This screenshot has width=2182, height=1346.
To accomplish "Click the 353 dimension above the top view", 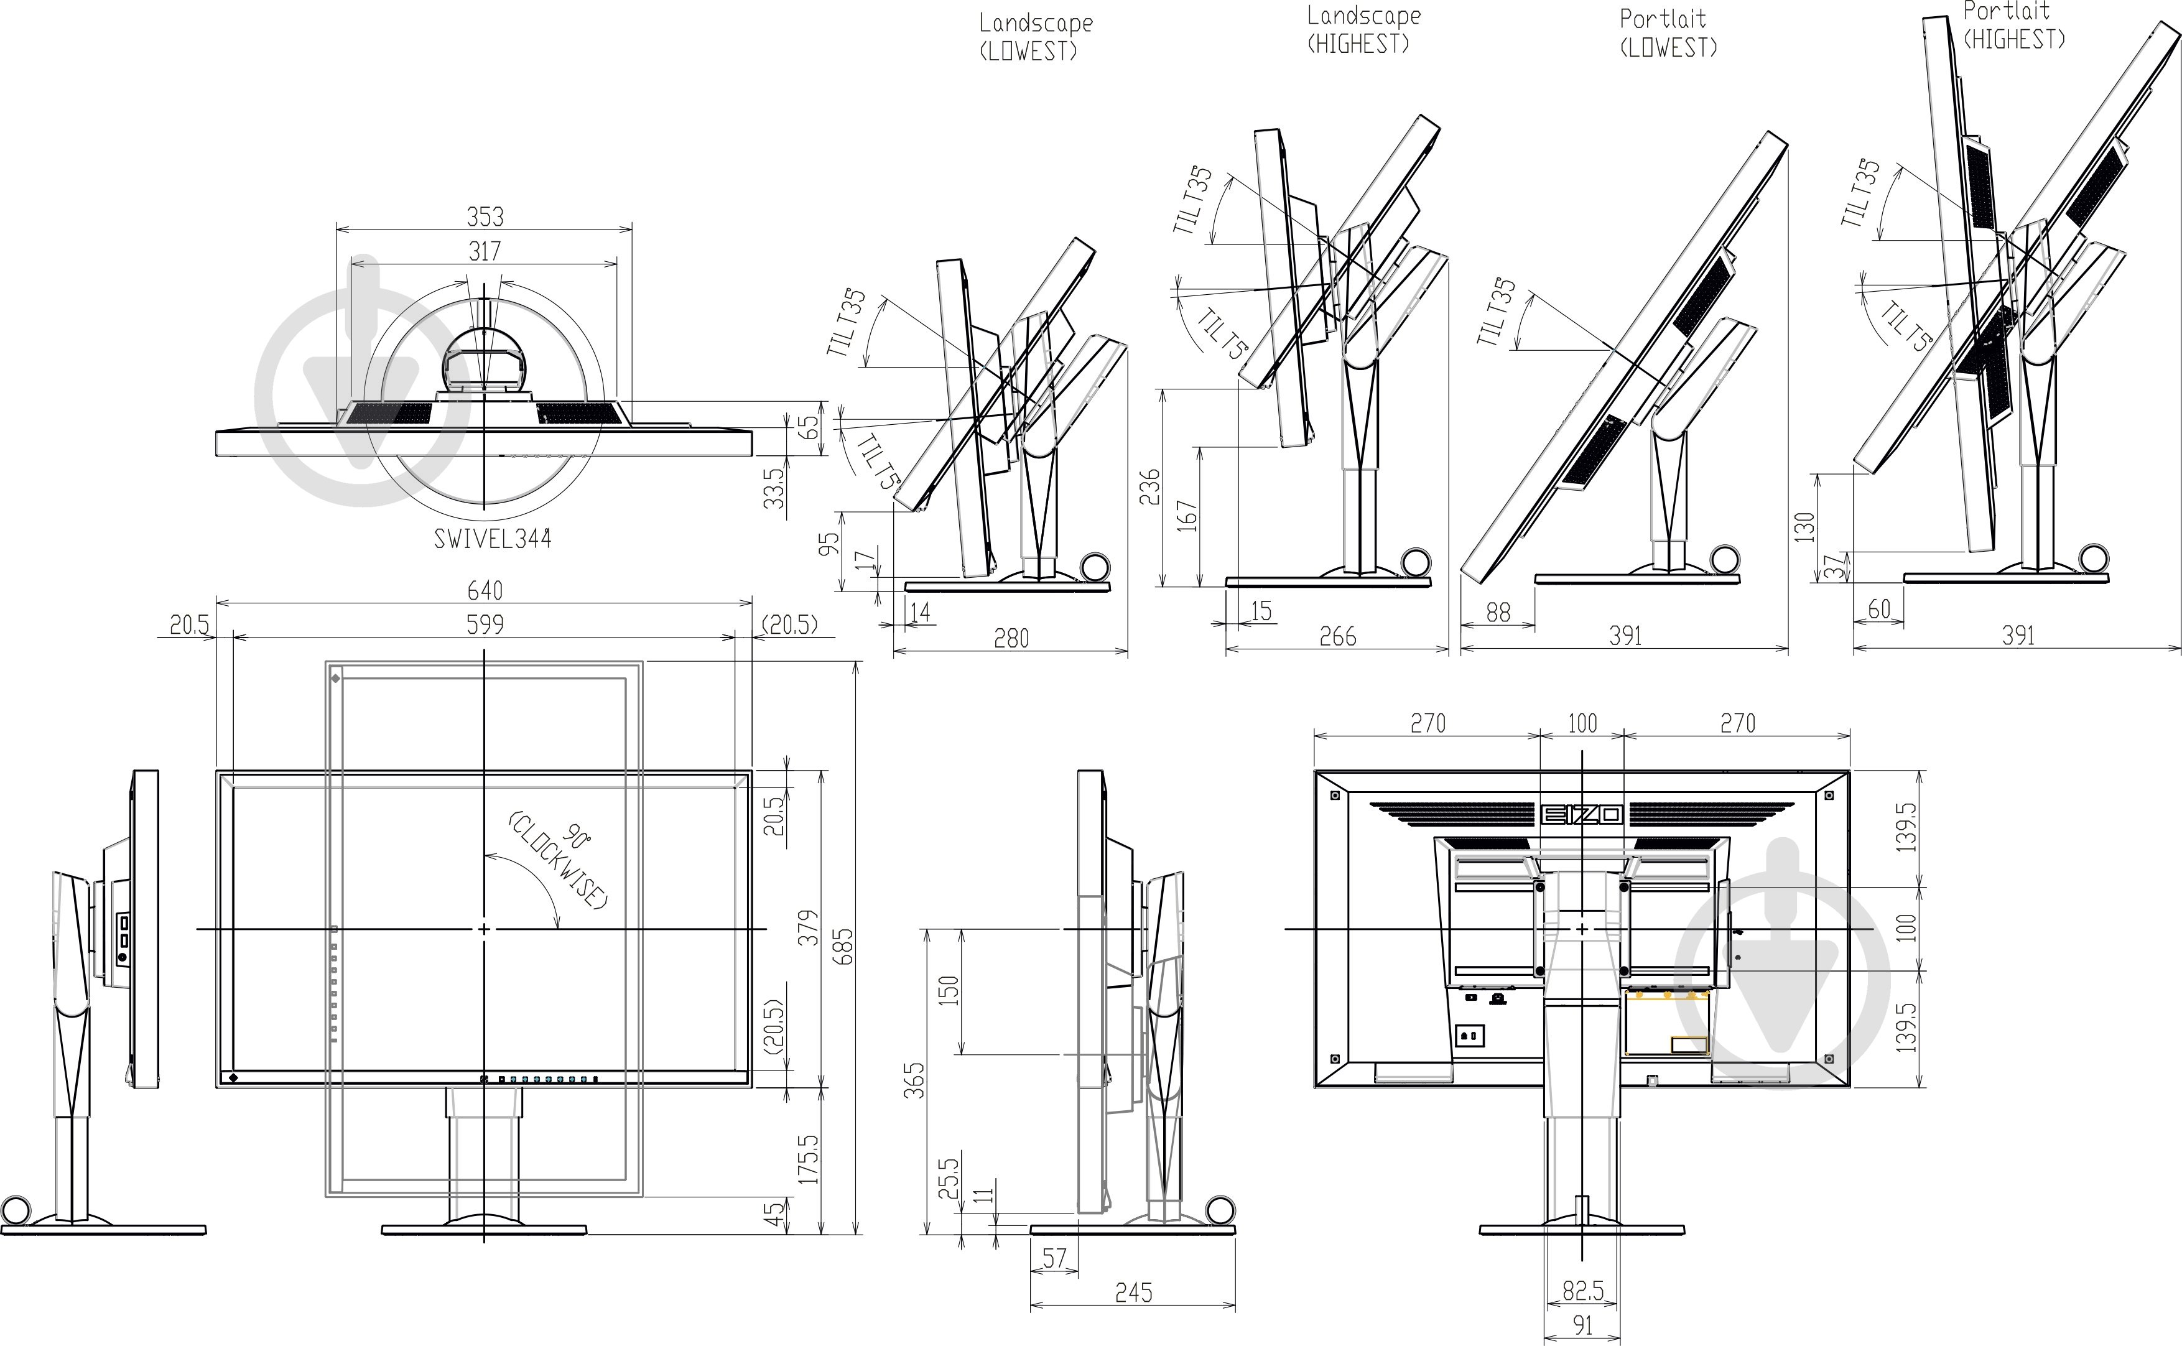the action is click(x=485, y=216).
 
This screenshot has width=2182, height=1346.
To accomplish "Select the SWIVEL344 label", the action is click(x=492, y=539).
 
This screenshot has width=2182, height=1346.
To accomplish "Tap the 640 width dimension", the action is click(x=485, y=590).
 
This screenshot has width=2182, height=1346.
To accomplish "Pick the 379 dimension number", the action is click(x=809, y=927).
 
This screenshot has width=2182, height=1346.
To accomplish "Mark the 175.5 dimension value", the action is click(x=809, y=1158).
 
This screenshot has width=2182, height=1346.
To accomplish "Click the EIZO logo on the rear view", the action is click(x=1581, y=814).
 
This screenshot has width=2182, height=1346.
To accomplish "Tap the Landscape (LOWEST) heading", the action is click(x=1036, y=37).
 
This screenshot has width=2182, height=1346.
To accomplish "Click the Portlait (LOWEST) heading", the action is click(x=1668, y=34).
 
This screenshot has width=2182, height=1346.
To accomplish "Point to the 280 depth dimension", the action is click(x=1011, y=638).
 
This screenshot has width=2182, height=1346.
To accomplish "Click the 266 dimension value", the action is click(x=1338, y=636).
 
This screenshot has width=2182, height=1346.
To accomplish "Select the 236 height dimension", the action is click(x=1150, y=487).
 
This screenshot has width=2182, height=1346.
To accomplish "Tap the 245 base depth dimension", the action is click(x=1134, y=1293).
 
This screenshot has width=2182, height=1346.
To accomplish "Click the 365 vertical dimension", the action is click(x=914, y=1080).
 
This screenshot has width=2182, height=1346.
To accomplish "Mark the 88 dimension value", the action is click(x=1498, y=613).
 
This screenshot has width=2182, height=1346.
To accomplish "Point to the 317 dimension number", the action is click(x=485, y=251).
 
